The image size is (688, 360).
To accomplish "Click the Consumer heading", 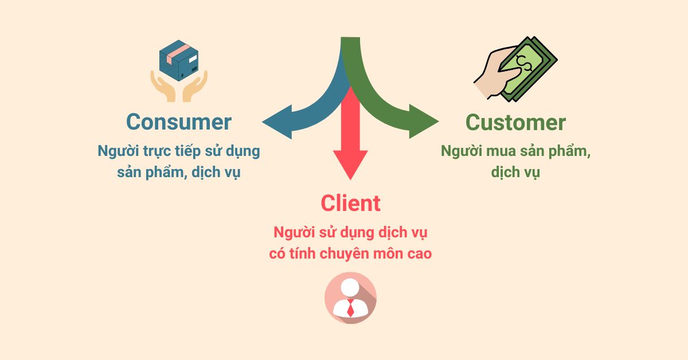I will [x=178, y=122].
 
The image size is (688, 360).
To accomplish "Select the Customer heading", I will [x=515, y=122].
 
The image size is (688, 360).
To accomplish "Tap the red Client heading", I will [x=350, y=203].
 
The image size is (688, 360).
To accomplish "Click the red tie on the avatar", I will [x=350, y=308].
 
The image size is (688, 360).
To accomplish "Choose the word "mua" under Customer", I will [x=506, y=151].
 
